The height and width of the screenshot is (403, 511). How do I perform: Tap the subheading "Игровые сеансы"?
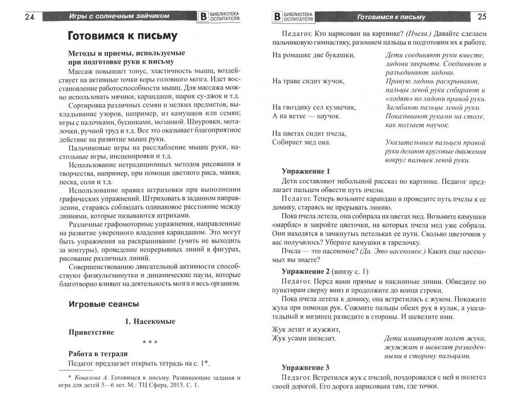(104, 304)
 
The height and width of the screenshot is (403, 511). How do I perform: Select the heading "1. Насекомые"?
(150, 321)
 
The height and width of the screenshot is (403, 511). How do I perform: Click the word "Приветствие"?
(91, 332)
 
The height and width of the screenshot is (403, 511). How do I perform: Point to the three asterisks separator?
(150, 343)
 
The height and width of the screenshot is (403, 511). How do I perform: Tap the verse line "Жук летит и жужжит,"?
(305, 329)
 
